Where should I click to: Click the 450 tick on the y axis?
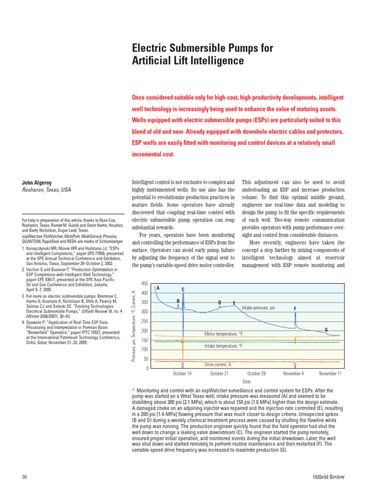point(144,284)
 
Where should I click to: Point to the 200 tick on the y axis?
point(144,331)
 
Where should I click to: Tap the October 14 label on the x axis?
point(182,373)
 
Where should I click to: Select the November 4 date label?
point(294,373)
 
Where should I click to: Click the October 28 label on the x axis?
point(256,373)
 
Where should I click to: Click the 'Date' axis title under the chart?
point(246,382)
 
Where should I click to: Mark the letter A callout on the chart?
point(158,288)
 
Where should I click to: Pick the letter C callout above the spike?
point(183,290)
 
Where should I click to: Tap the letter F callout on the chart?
point(295,308)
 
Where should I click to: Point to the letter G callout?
point(326,330)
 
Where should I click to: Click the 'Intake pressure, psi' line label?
point(259,307)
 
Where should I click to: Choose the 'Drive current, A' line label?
point(218,364)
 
